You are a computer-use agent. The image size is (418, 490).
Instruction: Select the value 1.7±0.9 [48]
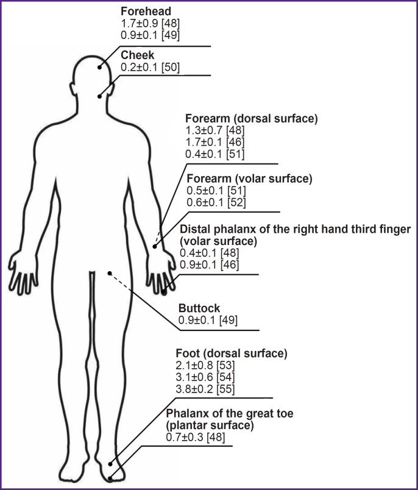click(150, 23)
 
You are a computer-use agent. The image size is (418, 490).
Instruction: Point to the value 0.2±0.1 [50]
click(150, 67)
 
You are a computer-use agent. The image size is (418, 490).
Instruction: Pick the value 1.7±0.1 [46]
click(215, 143)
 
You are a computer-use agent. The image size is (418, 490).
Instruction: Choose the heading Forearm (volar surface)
click(249, 179)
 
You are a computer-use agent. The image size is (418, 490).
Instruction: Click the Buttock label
click(199, 308)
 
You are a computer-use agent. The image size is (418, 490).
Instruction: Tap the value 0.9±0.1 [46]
click(209, 265)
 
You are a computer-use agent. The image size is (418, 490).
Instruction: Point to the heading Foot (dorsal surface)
click(231, 353)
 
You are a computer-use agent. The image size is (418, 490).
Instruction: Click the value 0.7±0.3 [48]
click(196, 437)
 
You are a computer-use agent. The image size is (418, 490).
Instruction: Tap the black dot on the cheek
click(99, 96)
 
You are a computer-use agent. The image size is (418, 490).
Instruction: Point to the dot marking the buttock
click(109, 273)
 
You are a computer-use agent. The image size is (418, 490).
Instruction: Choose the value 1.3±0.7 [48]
click(215, 131)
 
